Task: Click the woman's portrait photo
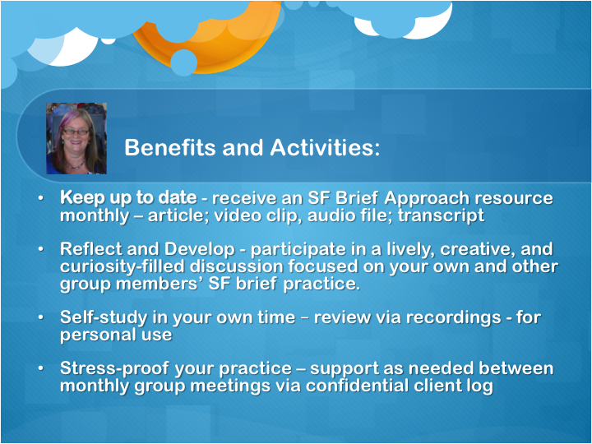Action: coord(76,138)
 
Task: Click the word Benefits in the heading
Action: coord(169,147)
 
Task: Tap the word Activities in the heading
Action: coord(325,147)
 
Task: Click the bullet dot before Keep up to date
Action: coord(40,198)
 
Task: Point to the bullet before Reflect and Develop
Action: coord(40,249)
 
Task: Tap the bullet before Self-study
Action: coord(40,317)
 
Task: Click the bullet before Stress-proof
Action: coord(40,368)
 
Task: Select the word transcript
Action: coord(441,216)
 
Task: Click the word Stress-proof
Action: coord(114,369)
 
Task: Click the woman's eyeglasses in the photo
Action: coord(76,132)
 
